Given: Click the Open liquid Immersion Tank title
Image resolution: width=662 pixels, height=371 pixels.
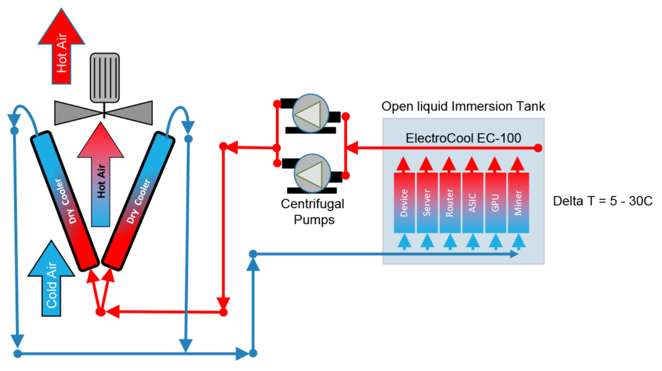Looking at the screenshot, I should [463, 106].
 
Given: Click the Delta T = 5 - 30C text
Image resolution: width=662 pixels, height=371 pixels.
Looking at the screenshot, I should [603, 201].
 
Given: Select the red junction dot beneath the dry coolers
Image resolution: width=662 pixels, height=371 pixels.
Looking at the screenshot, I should [100, 312].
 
